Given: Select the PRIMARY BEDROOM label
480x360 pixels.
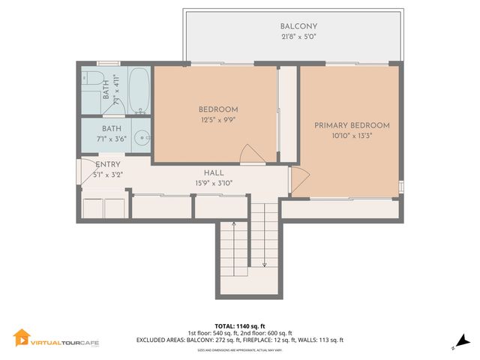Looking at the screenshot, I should click(352, 125).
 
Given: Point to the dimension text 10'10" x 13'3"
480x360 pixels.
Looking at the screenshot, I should click(352, 136).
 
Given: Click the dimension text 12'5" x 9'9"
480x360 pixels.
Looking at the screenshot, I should click(218, 119).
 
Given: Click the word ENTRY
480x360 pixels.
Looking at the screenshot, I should click(108, 164).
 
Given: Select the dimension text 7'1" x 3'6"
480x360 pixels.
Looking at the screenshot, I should click(111, 139).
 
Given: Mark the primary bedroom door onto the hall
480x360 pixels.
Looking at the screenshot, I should click(299, 179).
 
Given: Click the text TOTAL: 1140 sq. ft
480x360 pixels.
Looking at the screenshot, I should click(239, 326).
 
